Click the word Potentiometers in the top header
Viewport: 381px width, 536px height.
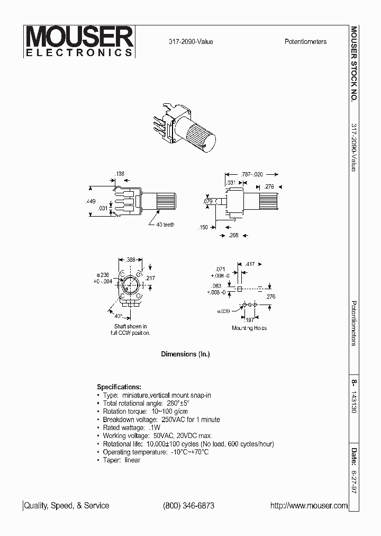(305, 42)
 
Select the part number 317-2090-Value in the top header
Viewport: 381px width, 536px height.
(192, 42)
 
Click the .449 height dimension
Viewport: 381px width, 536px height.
(90, 201)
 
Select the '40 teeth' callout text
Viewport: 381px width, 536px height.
(165, 225)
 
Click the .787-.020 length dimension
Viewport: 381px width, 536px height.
(252, 174)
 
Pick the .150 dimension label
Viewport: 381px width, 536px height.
(204, 227)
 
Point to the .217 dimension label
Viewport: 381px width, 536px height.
(150, 278)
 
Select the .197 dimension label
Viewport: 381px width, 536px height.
(249, 320)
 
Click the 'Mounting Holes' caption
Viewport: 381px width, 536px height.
(249, 328)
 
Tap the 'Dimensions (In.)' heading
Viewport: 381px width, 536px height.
(185, 354)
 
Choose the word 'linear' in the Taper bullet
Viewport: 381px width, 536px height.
(132, 460)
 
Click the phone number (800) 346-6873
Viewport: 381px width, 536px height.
(188, 506)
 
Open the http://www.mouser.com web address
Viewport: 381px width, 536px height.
(309, 506)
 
